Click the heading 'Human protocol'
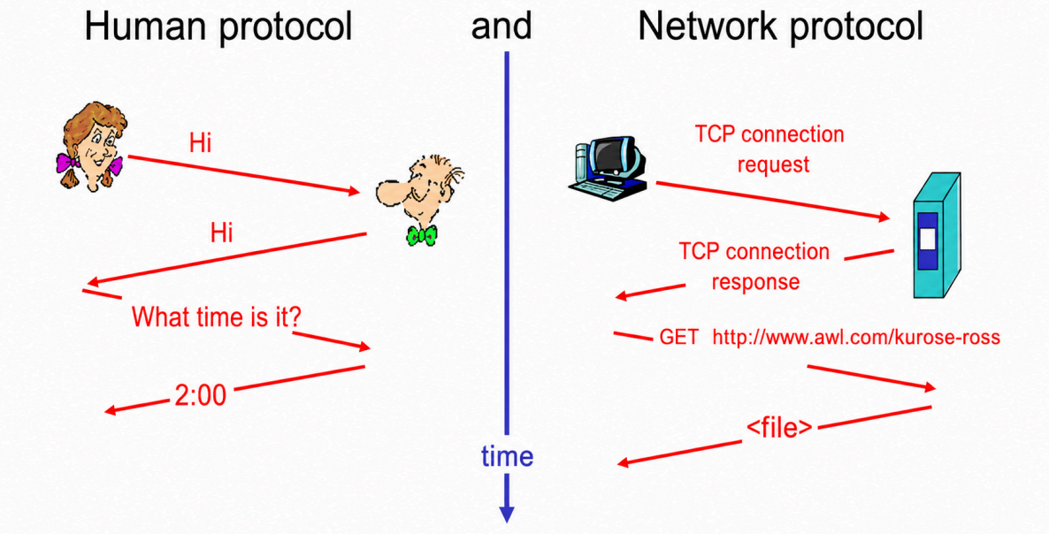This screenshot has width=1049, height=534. pos(218,29)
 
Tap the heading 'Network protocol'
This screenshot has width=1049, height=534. pos(781,29)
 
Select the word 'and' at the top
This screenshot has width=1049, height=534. pos(502,26)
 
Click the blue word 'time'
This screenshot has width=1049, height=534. pos(507,456)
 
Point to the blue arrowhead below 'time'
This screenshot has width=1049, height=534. pos(507,513)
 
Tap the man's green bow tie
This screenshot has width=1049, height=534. pos(422,234)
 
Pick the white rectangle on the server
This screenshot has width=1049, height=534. pos(928,240)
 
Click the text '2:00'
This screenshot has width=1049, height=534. pos(200,396)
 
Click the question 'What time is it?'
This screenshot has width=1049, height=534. pos(216,317)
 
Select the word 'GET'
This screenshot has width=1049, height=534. pos(679,336)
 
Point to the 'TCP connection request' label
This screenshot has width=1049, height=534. pos(770,149)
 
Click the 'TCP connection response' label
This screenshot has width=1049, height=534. pos(754,267)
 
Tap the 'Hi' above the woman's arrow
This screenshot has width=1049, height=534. pos(201,143)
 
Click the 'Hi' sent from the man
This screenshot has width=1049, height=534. pos(221,233)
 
